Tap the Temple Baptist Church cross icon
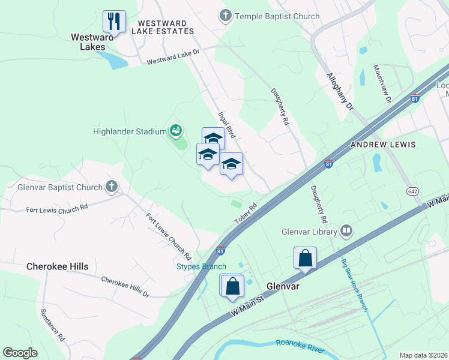pos(226,16)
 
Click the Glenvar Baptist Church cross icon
pos(112,187)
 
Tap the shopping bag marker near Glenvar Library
pos(305,259)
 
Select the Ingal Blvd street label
pos(228,125)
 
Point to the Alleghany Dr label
pos(340,91)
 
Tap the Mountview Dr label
pos(382,84)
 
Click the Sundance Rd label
pos(52,326)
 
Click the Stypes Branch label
pos(201,266)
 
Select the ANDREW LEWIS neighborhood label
pos(383,145)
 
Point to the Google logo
pos(20,353)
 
